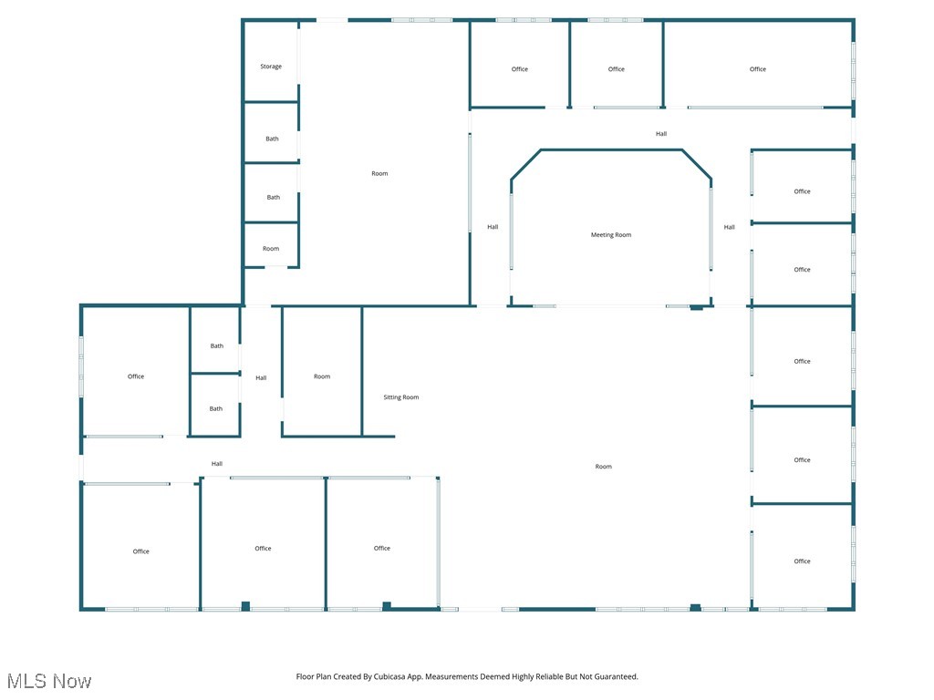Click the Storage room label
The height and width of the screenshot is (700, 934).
click(271, 67)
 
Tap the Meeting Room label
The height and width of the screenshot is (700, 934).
click(611, 235)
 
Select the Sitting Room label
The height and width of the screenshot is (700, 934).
click(401, 397)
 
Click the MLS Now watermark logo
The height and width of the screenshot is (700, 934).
click(49, 681)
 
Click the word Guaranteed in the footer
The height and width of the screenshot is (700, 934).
click(616, 677)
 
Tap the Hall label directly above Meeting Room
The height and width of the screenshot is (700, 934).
click(661, 134)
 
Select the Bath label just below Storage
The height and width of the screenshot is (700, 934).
click(273, 139)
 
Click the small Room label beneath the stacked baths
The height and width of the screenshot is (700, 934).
click(271, 249)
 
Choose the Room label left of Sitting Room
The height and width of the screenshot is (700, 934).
click(322, 376)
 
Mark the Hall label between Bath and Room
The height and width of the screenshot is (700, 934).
click(261, 378)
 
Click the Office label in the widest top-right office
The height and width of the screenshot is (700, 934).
click(758, 69)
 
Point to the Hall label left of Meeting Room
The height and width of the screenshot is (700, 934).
click(493, 227)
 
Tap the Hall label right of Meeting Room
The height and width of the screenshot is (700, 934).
click(730, 227)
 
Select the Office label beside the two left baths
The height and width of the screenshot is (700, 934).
click(136, 376)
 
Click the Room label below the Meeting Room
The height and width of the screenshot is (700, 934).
click(604, 467)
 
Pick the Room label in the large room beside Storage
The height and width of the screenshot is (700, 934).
click(379, 173)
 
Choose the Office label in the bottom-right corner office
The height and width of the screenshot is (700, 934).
click(802, 561)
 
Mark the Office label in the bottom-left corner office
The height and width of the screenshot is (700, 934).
click(140, 551)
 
